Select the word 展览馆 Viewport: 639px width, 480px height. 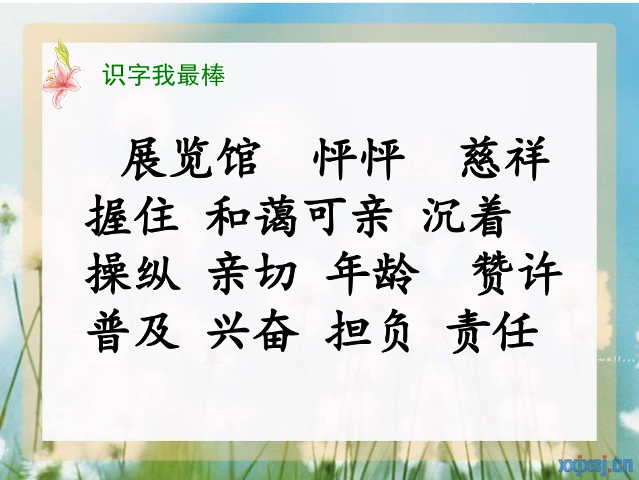[x=190, y=160]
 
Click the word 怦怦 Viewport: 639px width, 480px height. [x=359, y=160]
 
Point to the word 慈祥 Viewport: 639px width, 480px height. [x=505, y=160]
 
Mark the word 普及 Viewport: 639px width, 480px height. [x=133, y=332]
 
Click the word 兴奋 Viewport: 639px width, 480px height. [x=252, y=332]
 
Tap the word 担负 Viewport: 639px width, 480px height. [x=368, y=332]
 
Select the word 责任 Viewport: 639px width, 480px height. [x=492, y=332]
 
